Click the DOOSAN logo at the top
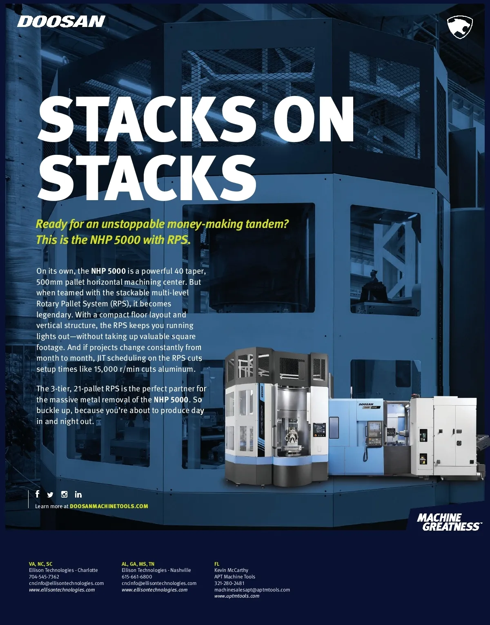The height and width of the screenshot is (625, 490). [x=61, y=22]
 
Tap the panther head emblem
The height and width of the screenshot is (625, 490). [x=460, y=27]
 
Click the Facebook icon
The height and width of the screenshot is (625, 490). [x=37, y=494]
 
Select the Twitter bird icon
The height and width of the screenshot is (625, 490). [x=50, y=495]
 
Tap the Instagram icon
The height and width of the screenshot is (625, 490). [x=64, y=494]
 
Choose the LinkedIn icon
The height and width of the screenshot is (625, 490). [x=78, y=494]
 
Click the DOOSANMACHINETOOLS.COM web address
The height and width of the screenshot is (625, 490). [x=109, y=506]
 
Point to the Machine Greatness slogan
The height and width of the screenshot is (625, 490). [x=449, y=522]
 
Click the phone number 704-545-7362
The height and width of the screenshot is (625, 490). [x=44, y=577]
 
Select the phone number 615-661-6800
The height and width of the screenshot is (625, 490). [x=137, y=577]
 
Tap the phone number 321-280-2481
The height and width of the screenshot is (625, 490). [x=229, y=583]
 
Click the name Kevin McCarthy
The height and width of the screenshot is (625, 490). [x=231, y=570]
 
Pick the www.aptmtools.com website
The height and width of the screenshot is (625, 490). [x=237, y=596]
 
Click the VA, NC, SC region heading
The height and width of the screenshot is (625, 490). [x=40, y=564]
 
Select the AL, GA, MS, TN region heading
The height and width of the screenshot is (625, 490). [x=138, y=564]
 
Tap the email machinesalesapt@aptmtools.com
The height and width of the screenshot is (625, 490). [x=252, y=589]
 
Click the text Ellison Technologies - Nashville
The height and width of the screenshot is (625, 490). [x=156, y=570]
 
